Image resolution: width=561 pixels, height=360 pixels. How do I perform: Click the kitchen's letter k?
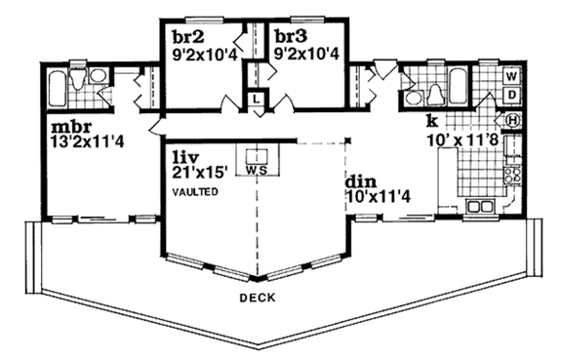tap(431, 122)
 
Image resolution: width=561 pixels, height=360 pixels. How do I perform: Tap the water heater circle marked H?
tap(513, 120)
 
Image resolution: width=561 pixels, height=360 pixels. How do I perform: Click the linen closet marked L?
tap(256, 98)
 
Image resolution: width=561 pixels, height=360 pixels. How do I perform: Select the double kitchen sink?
tap(480, 206)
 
